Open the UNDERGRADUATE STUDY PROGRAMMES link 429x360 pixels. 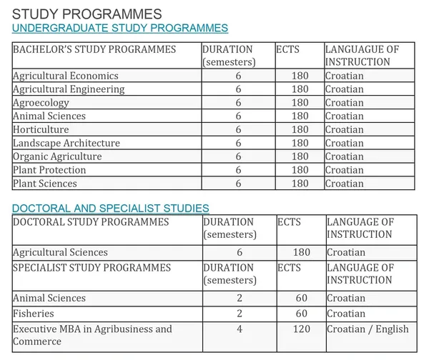(120, 28)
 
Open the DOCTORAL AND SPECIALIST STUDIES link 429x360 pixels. (111, 208)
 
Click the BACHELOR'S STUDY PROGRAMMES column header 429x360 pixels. (94, 49)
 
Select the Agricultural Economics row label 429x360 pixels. (66, 76)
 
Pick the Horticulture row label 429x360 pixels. (41, 129)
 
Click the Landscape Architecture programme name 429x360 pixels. (66, 143)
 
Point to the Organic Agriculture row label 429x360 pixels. (57, 156)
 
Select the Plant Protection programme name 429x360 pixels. (49, 170)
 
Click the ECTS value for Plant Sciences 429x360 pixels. (300, 184)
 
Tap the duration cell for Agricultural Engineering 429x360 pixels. (238, 89)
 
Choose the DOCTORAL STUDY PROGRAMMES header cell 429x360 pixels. (91, 221)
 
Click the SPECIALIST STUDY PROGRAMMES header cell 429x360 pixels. (92, 268)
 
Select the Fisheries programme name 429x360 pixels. (34, 314)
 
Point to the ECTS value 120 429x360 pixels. (301, 329)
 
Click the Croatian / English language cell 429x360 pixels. (368, 329)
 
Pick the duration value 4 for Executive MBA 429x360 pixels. (240, 329)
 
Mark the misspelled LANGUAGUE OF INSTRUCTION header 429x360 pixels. (362, 56)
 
